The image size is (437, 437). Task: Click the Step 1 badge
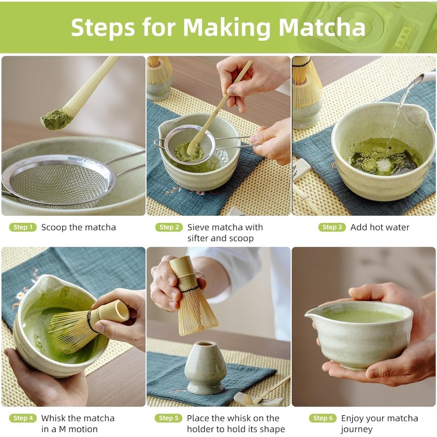pos(23,227)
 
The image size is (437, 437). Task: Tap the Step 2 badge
pos(169,227)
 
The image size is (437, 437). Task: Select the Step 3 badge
pos(332,227)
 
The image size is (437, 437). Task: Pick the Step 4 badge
pos(23,418)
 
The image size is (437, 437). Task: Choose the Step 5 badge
pos(168,418)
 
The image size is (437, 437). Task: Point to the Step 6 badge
pos(323,418)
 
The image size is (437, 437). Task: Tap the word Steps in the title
pos(103,27)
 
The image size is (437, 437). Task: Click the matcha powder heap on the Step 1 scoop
pos(56,119)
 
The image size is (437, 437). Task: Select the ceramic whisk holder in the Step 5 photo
pos(205,367)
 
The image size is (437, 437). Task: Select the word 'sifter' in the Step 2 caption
pos(198,238)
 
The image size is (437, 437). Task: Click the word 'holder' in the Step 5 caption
pos(202,429)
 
